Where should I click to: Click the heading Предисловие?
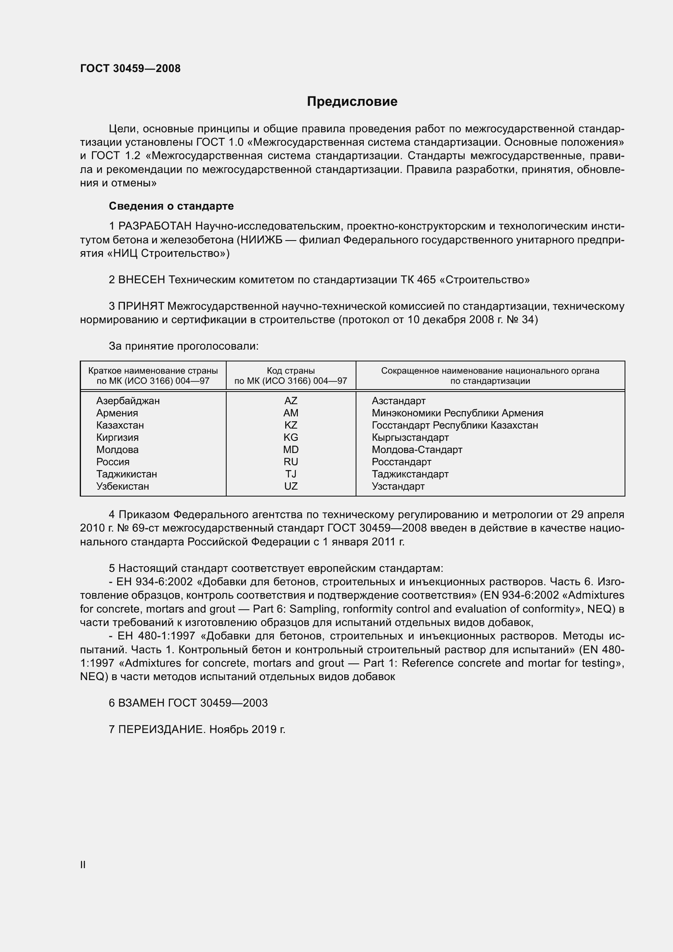352,102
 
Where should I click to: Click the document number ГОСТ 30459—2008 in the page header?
130,68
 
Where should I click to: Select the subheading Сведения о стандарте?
171,206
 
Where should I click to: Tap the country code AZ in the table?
291,401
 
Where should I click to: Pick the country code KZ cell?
291,425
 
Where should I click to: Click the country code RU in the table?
291,462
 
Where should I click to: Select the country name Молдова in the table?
117,449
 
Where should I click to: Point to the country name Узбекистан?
122,486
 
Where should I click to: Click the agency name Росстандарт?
401,462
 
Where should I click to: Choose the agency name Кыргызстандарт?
410,438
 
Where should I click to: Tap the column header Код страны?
291,371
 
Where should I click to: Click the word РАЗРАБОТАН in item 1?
155,226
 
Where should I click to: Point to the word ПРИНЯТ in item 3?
141,306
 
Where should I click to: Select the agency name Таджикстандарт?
410,474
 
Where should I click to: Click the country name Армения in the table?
117,413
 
